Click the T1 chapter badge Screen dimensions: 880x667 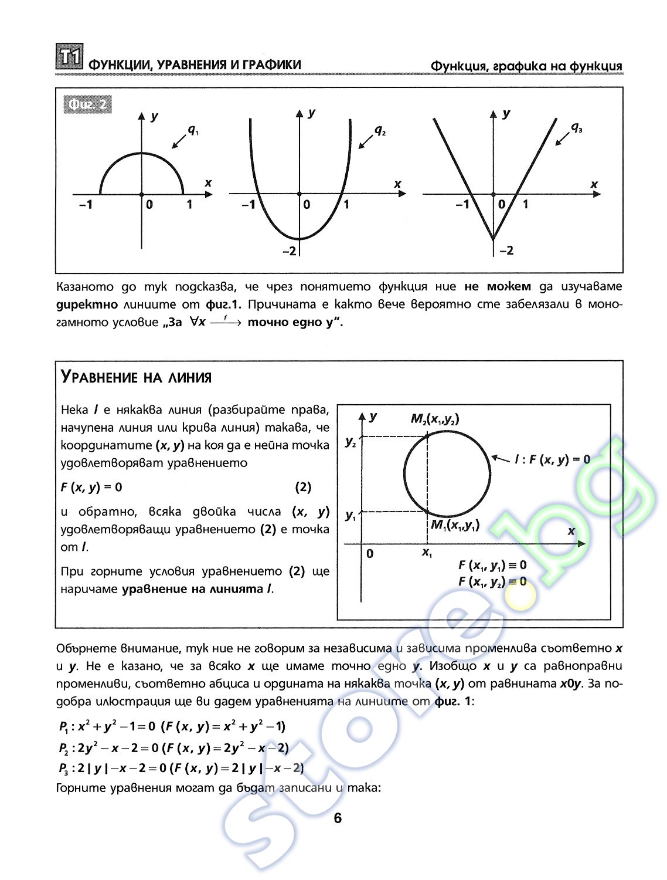click(69, 58)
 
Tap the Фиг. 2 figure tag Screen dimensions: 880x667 click(87, 104)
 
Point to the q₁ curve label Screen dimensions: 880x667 click(192, 130)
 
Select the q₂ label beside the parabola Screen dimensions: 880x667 click(380, 130)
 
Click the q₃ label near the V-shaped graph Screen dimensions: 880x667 click(576, 127)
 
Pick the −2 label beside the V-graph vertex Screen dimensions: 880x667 click(506, 251)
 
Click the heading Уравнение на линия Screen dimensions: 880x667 click(136, 377)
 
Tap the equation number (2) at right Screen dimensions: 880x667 click(302, 487)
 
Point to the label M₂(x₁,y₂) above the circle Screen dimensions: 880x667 click(435, 419)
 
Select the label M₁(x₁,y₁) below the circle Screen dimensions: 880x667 click(455, 525)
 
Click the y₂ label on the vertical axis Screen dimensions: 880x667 click(350, 442)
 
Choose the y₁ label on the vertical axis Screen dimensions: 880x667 click(350, 516)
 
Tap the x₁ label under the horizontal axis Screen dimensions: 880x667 click(427, 552)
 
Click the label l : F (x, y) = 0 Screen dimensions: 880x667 click(552, 459)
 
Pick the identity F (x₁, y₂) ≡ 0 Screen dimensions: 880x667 click(492, 581)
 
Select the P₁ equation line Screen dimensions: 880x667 click(172, 727)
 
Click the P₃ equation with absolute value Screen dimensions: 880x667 click(181, 768)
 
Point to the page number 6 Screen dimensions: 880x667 click(337, 818)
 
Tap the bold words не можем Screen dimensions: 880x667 click(497, 287)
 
